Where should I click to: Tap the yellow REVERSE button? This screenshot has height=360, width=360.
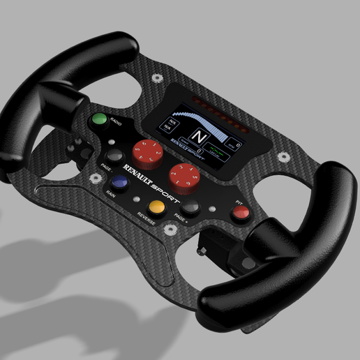pos(157,206)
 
